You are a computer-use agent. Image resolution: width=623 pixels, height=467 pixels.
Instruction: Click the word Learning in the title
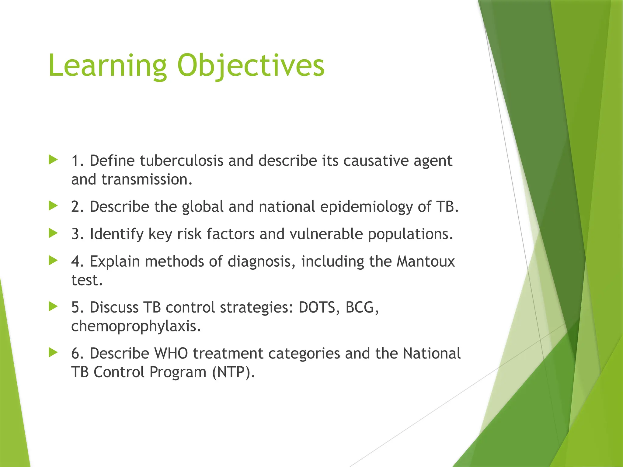click(x=107, y=66)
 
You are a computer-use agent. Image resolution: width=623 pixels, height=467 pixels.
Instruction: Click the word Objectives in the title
click(x=251, y=66)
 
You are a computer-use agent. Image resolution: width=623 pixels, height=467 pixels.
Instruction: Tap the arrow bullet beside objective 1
click(x=53, y=160)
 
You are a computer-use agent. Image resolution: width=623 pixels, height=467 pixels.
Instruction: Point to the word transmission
click(x=147, y=179)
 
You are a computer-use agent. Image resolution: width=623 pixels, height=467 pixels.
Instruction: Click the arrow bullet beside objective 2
click(x=53, y=206)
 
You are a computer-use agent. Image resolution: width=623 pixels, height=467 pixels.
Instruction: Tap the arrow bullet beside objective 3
click(x=53, y=233)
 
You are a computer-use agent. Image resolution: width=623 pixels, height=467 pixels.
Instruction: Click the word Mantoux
click(x=426, y=261)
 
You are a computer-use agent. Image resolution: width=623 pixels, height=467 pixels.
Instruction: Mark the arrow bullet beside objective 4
click(x=53, y=260)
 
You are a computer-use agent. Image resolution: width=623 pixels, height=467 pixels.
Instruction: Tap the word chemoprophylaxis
click(x=136, y=326)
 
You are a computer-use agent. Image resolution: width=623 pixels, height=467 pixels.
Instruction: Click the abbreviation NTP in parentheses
click(x=233, y=372)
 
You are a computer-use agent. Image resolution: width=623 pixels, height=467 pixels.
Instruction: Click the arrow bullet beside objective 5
click(x=53, y=306)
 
